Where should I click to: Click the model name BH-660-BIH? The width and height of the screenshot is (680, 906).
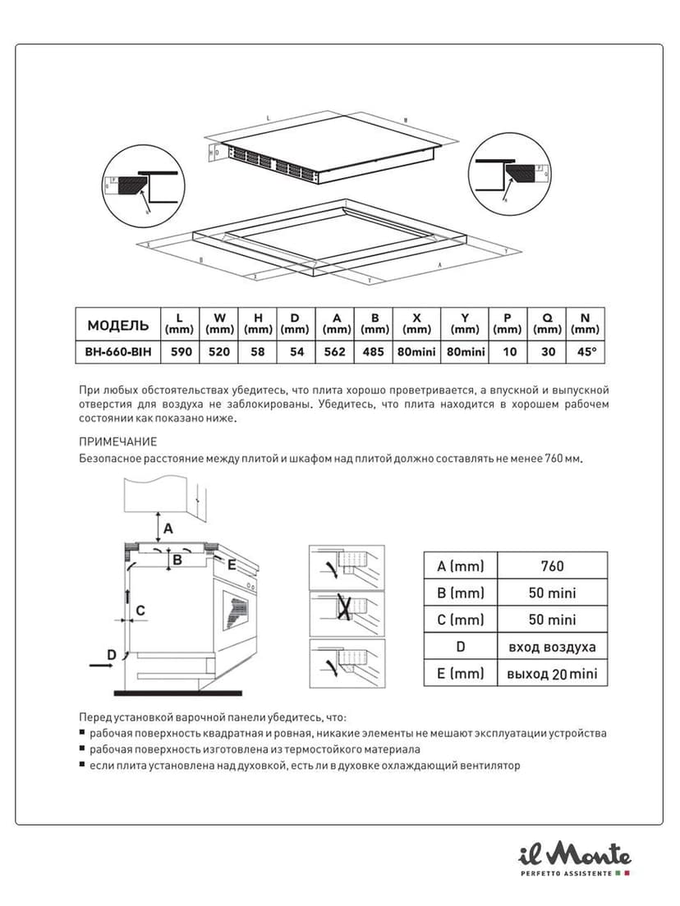117,351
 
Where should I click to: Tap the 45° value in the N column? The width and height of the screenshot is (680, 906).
586,351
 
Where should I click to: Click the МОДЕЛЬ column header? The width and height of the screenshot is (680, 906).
117,324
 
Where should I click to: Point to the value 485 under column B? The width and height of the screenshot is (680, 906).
374,351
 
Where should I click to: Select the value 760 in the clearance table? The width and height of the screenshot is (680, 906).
553,566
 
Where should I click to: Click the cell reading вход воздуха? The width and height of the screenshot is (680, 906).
553,647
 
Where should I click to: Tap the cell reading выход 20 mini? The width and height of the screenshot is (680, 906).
553,674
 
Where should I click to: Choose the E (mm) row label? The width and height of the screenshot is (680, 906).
461,674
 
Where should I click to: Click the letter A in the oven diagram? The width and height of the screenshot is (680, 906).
167,528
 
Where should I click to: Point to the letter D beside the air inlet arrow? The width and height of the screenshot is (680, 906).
111,654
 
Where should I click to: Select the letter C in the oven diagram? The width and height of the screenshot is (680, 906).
140,610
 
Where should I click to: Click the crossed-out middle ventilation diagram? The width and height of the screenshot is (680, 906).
347,609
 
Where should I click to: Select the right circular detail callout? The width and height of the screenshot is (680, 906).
509,174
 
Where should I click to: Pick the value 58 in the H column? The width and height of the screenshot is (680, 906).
258,351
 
